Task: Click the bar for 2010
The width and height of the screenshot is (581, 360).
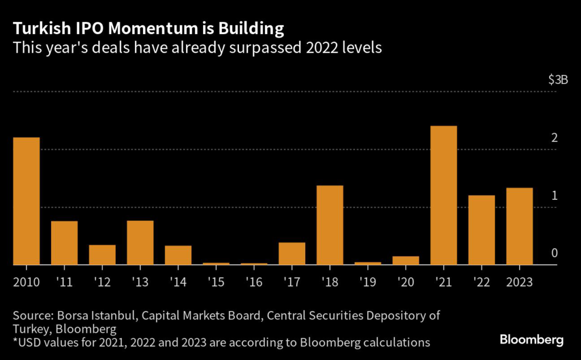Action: coord(26,201)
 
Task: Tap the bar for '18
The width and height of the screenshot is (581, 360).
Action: coord(330,225)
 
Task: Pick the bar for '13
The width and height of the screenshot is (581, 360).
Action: coord(140,242)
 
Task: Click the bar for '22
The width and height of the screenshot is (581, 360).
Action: coord(482,230)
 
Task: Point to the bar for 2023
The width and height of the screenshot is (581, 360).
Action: coord(519,226)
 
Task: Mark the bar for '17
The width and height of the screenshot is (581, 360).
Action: coord(292,253)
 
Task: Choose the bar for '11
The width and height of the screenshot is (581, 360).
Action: coord(64,243)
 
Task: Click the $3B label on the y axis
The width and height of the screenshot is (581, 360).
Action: coord(558,80)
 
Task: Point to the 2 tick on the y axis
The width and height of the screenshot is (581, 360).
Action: coord(554,138)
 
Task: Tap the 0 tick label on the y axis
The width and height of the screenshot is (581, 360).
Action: coord(554,253)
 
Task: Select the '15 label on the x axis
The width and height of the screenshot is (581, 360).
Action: coord(216,282)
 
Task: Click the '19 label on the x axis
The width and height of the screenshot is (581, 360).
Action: coord(368,282)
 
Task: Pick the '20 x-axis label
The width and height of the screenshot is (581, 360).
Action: coord(406,282)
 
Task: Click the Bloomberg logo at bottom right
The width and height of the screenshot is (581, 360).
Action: coord(532,340)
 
